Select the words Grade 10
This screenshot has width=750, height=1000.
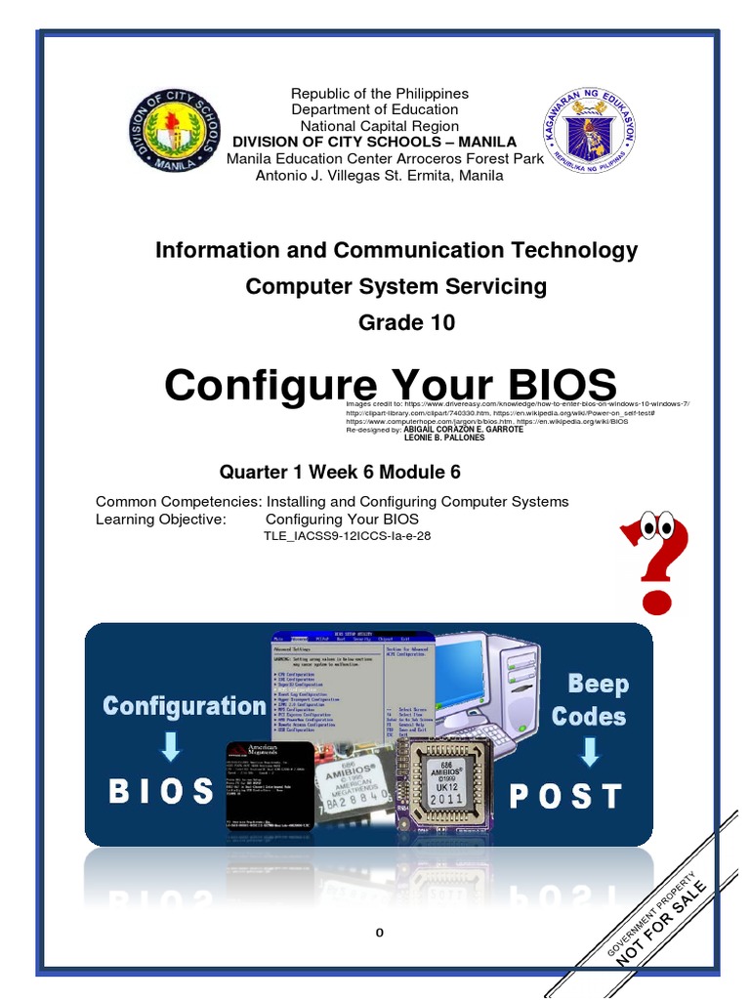coord(396,322)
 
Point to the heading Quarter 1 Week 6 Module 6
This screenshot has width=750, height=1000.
coord(339,472)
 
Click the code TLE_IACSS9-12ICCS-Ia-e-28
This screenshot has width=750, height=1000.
coord(347,536)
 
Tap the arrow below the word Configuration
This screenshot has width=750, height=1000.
coord(170,748)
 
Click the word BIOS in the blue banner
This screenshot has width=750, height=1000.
coord(161,790)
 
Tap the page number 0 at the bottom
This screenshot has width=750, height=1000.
coord(381,933)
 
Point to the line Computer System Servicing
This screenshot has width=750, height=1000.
coord(396,286)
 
